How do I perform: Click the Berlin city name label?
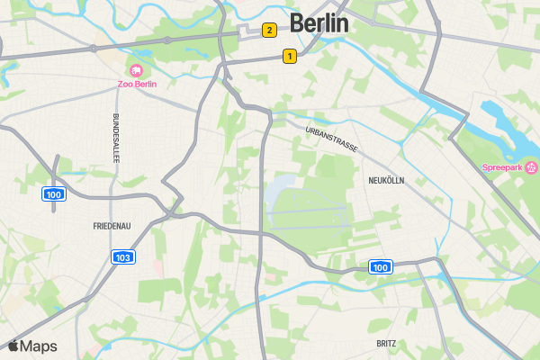pos(319,23)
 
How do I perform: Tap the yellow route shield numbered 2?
pos(268,31)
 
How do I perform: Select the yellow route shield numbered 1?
pos(289,56)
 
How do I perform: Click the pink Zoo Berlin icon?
pos(136,71)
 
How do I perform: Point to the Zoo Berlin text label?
pos(137,85)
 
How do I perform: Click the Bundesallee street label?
pos(116,138)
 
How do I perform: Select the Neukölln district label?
pos(386,181)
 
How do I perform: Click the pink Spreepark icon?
pos(532,167)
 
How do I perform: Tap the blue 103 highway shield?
pos(124,257)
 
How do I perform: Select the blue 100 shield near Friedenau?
pos(53,194)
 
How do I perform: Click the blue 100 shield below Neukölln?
pos(380,266)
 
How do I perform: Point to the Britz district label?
pos(387,344)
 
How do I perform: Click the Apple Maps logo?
pos(32,346)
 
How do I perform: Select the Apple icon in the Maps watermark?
pos(13,346)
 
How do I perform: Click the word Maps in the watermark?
pos(39,346)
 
